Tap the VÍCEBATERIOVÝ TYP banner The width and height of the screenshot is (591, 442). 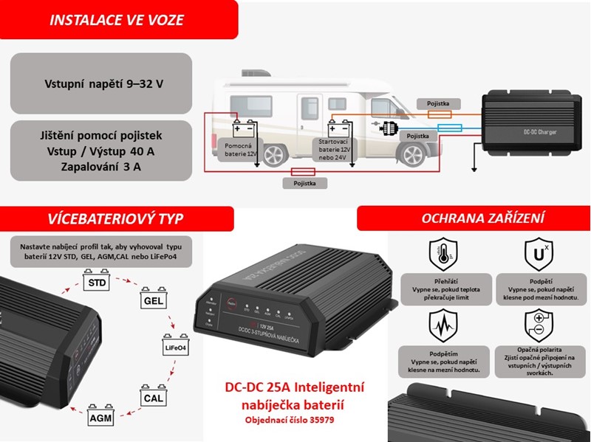coord(115,218)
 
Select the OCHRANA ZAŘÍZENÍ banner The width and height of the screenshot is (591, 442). coord(473,218)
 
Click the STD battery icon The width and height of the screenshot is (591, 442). coord(95,281)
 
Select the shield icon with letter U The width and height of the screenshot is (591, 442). coord(536,255)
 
